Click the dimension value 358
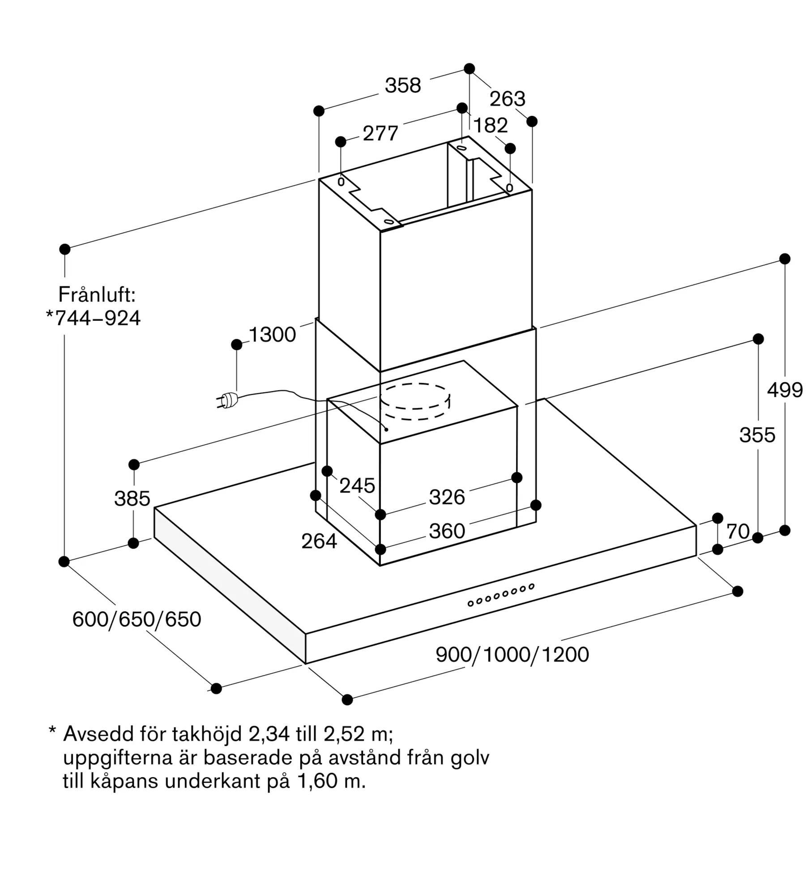tap(403, 85)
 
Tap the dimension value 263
tap(507, 99)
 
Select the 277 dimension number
tap(380, 133)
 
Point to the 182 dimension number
tap(491, 125)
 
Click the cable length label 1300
tap(272, 334)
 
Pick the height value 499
tap(785, 390)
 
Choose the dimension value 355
tap(757, 435)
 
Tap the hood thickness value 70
tap(738, 532)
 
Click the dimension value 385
tap(132, 499)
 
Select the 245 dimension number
tap(357, 486)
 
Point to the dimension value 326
tap(447, 497)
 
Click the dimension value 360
tap(447, 531)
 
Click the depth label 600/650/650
tap(137, 619)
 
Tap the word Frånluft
tap(97, 294)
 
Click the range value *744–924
tap(93, 318)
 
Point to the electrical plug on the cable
tap(227, 400)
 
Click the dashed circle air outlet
tap(415, 401)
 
